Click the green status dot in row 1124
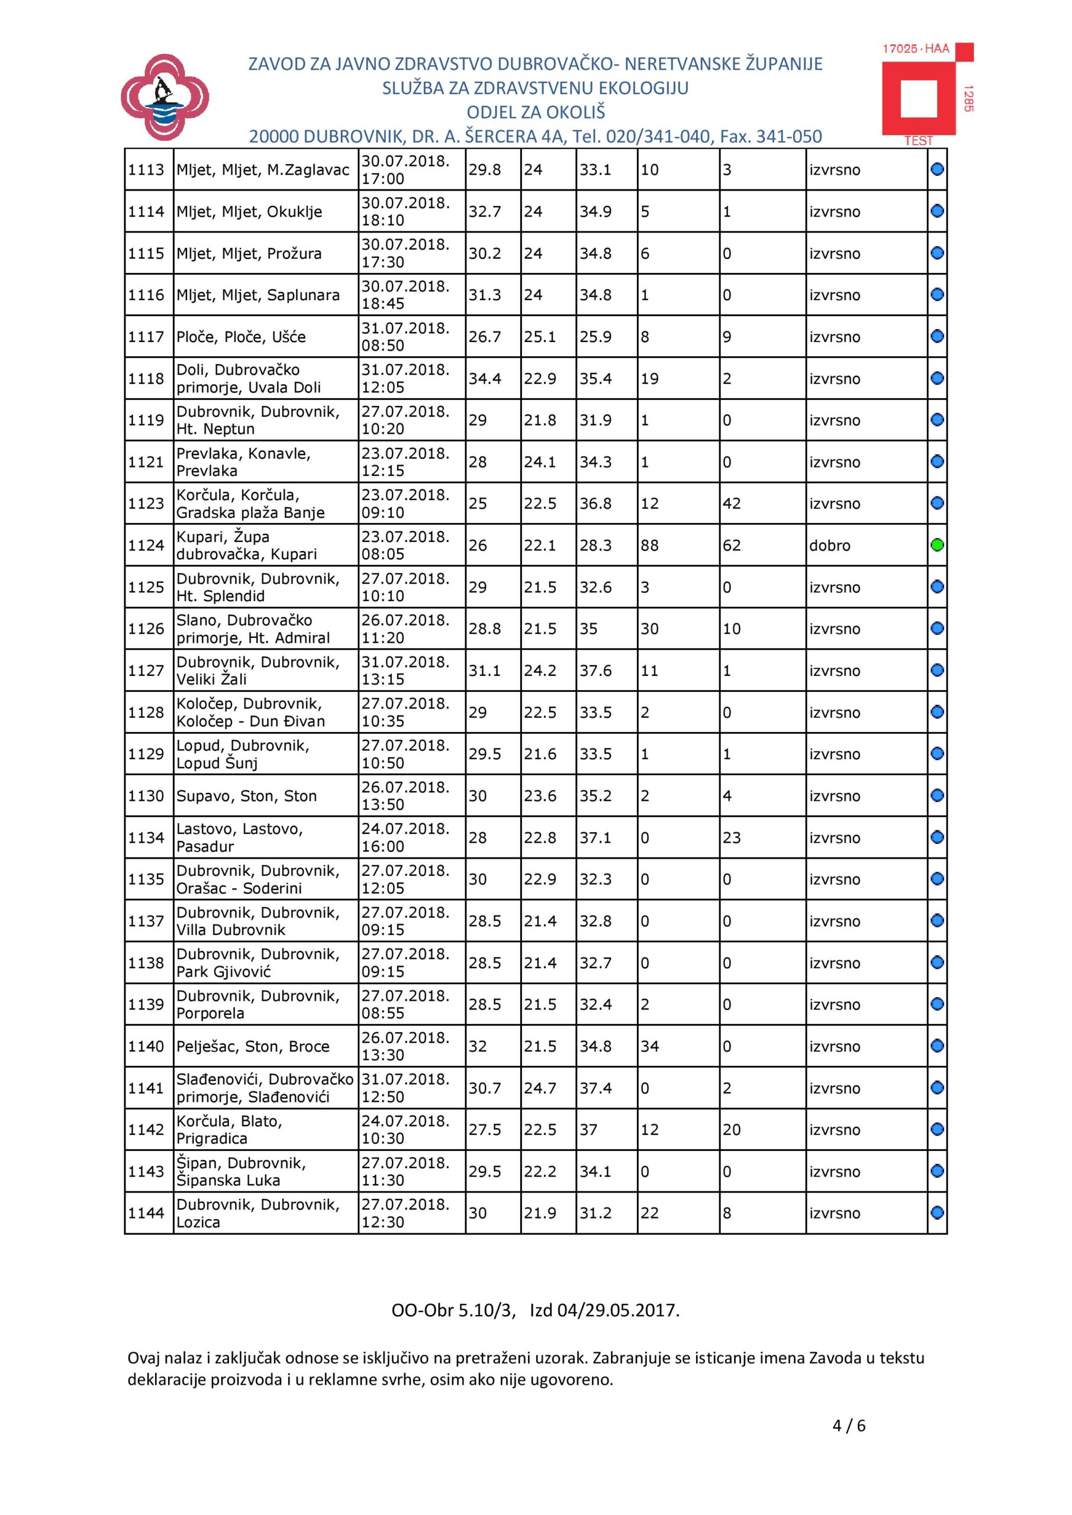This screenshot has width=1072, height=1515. pyautogui.click(x=936, y=545)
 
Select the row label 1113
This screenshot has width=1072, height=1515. pyautogui.click(x=146, y=170)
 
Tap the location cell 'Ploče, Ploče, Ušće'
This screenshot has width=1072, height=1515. pyautogui.click(x=241, y=337)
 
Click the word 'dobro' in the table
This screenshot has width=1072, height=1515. pyautogui.click(x=830, y=546)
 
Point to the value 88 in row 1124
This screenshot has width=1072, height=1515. pyautogui.click(x=649, y=546)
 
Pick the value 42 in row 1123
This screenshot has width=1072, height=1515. pyautogui.click(x=732, y=504)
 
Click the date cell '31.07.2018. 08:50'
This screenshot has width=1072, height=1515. pyautogui.click(x=405, y=337)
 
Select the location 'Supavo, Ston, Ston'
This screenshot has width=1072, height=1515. pyautogui.click(x=246, y=796)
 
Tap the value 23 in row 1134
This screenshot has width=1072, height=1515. pyautogui.click(x=732, y=837)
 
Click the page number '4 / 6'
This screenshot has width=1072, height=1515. pyautogui.click(x=849, y=1425)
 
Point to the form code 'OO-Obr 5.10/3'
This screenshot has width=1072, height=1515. pyautogui.click(x=452, y=1309)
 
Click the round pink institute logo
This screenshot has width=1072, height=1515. pyautogui.click(x=165, y=98)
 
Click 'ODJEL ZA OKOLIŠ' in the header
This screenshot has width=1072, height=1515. pyautogui.click(x=535, y=112)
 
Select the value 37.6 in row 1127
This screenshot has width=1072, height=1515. pyautogui.click(x=595, y=671)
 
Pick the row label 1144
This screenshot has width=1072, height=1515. pyautogui.click(x=146, y=1213)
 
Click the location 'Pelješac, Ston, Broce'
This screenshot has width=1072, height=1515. pyautogui.click(x=253, y=1046)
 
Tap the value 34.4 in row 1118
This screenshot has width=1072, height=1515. pyautogui.click(x=485, y=379)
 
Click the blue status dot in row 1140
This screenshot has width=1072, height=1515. pyautogui.click(x=936, y=1046)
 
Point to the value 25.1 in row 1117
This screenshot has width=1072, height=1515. pyautogui.click(x=540, y=337)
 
